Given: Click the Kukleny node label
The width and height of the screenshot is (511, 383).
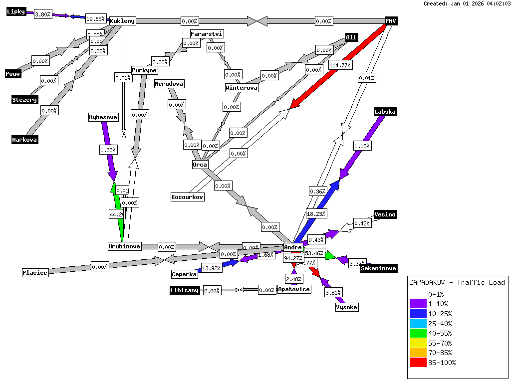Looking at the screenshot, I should [x=122, y=21].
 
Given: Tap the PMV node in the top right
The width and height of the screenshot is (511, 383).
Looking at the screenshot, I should [x=391, y=21].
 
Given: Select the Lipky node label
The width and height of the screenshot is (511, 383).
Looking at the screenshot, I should [x=16, y=12].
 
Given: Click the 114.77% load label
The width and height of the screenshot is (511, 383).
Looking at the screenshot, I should [x=340, y=65].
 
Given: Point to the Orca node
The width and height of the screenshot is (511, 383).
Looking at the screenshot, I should [x=200, y=165].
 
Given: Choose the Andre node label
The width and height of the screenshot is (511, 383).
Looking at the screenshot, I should [x=293, y=247].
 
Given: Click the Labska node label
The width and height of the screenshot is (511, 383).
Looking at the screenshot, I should [x=385, y=112].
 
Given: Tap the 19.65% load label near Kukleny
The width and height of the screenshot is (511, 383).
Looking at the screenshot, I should [x=95, y=19].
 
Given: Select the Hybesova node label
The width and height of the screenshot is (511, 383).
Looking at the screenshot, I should [x=103, y=118].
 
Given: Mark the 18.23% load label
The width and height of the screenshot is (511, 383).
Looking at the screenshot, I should [x=316, y=213].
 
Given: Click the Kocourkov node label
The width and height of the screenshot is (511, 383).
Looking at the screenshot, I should [x=187, y=197].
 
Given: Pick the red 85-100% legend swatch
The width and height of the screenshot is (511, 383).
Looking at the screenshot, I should [x=418, y=363].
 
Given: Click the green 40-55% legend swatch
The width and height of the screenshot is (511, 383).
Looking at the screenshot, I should [x=418, y=333].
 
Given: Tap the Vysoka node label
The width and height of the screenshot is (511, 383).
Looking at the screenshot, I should [x=346, y=307].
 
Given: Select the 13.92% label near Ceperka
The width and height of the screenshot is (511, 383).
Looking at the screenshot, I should [x=212, y=268].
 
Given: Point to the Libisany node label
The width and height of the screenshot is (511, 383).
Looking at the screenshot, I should [x=185, y=290].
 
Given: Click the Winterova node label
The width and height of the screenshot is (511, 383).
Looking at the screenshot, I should [x=242, y=88].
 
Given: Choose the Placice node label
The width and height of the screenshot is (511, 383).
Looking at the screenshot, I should [x=35, y=273].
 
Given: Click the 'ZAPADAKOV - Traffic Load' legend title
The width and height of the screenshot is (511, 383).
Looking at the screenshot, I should [x=457, y=282].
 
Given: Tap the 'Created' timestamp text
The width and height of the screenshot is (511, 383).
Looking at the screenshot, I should [x=467, y=3].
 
